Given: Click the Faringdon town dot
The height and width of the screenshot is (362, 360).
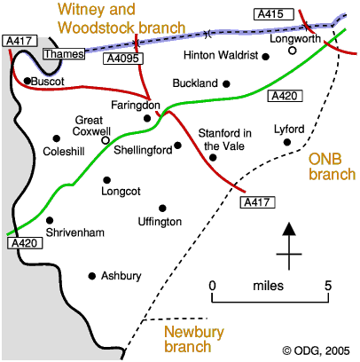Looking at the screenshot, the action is coord(147,119).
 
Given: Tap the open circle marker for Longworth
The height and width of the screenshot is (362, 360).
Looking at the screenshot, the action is coord(293,51).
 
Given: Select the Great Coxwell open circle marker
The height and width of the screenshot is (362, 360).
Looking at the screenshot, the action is coord(106,140).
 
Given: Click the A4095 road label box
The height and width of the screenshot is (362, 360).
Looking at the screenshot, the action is coord(123,59).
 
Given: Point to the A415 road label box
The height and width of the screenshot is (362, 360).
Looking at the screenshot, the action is coord(274,14).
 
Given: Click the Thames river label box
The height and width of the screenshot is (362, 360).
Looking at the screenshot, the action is coord(64,54).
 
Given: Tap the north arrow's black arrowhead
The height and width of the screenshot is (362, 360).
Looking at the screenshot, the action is coord(289,229).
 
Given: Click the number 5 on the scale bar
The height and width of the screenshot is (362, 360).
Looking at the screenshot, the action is coord(328,286).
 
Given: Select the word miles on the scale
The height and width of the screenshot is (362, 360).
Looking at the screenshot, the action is coord(269,286).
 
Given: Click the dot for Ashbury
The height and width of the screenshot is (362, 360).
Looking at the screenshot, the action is coord(92,276).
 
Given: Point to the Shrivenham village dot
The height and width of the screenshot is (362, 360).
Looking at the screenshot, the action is coord(50,220).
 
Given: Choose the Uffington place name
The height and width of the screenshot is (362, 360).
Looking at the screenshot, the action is coord(160,222).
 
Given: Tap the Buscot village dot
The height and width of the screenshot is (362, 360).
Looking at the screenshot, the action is coord(27,81).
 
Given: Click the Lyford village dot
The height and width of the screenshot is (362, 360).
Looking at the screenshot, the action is coord(287,143).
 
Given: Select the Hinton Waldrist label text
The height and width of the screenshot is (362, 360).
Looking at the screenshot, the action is coord(221,55).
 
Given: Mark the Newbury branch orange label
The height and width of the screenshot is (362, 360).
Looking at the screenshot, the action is coord(194,339).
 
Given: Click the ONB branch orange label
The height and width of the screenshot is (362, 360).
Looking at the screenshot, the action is coord(333,167).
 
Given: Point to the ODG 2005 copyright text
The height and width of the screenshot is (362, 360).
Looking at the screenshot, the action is coord(317,350).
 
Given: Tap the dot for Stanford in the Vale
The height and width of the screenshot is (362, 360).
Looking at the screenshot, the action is coord(213,158).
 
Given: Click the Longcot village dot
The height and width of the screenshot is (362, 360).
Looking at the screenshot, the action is coord(107,180).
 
